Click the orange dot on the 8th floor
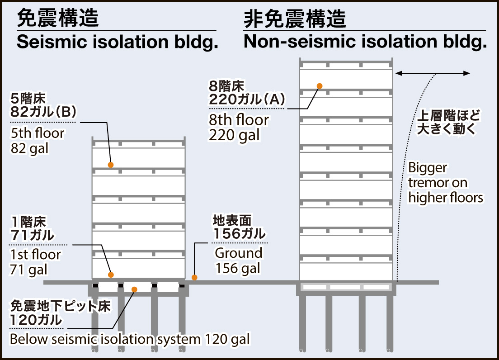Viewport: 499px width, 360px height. (x=320, y=85)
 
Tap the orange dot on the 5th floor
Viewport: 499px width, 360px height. (x=110, y=165)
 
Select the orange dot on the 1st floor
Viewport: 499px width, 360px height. (x=111, y=275)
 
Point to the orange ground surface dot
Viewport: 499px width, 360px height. (x=194, y=277)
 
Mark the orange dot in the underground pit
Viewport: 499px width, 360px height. (x=134, y=289)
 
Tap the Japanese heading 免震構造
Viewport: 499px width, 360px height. (x=57, y=19)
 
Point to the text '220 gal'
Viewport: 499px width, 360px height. (x=235, y=135)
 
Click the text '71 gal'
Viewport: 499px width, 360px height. (x=28, y=269)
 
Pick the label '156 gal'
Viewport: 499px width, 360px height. (x=238, y=268)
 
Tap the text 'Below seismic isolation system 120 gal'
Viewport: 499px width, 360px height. (x=130, y=339)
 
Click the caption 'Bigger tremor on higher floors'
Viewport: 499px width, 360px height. (x=445, y=183)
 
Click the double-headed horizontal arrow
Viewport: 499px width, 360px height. (x=433, y=73)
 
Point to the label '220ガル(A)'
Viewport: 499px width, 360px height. (x=246, y=99)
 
